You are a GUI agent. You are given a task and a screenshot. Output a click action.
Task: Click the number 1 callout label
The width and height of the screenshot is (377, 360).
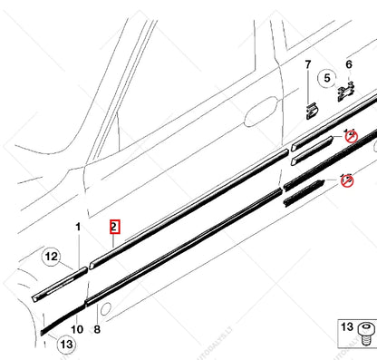(x=79, y=226)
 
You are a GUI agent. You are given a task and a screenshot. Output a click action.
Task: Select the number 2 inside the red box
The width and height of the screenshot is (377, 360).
(x=114, y=227)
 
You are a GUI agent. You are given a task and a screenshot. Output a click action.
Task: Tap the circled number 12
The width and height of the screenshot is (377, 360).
(x=51, y=258)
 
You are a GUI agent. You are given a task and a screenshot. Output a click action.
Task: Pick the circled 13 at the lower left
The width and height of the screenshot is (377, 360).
(x=65, y=344)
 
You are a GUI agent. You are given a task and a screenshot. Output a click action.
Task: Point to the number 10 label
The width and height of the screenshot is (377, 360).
(x=77, y=329)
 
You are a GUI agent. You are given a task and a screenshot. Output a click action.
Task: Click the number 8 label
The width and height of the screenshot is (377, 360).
(x=97, y=329)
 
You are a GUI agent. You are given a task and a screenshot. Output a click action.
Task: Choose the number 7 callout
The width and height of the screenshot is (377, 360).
(x=307, y=64)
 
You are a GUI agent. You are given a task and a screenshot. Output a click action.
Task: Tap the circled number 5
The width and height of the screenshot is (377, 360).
(x=328, y=78)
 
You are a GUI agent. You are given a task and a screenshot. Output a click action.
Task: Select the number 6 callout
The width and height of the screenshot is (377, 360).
(x=348, y=64)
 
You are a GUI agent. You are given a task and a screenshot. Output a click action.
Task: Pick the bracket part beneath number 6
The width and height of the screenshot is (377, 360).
(x=346, y=92)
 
